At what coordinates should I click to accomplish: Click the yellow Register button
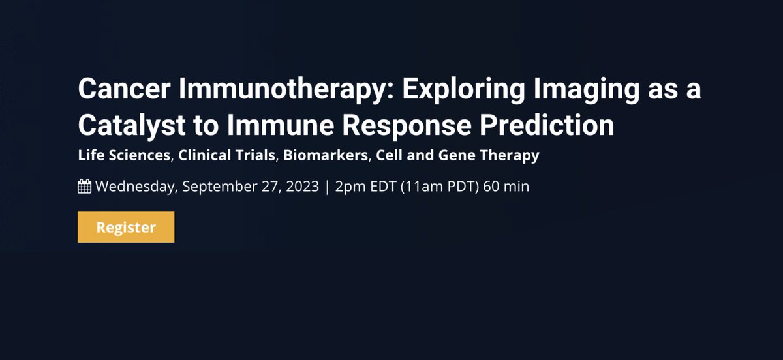126,227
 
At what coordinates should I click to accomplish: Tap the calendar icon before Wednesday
84,187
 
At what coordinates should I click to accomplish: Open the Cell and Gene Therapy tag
457,157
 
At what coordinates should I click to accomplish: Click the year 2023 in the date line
301,187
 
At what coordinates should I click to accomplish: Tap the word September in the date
215,187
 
